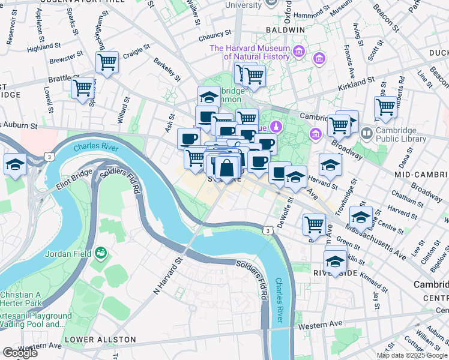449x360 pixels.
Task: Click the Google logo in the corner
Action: click(x=20, y=352)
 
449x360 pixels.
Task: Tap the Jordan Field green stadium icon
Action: click(x=100, y=254)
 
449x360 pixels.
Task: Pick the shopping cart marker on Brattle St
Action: click(x=82, y=88)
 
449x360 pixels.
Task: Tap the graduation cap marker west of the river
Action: click(x=15, y=164)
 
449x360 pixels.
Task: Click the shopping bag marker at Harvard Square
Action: click(x=228, y=169)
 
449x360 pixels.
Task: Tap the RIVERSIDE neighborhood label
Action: click(x=334, y=272)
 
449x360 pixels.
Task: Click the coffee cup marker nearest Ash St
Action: click(x=188, y=139)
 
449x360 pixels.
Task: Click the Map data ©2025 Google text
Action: click(x=412, y=355)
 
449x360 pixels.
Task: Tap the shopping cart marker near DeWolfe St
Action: click(x=314, y=225)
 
